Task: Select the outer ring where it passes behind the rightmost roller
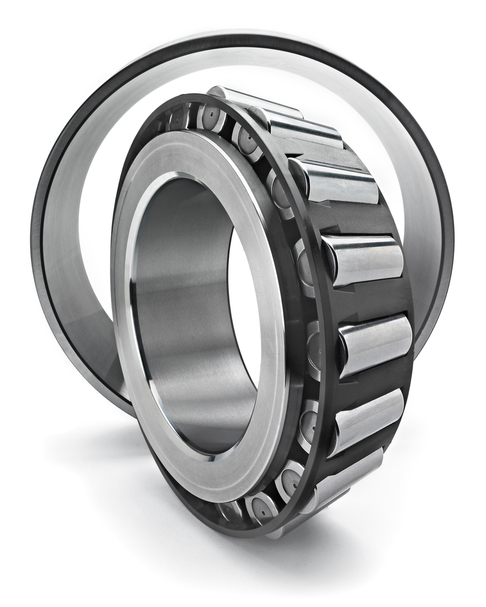[427, 324]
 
